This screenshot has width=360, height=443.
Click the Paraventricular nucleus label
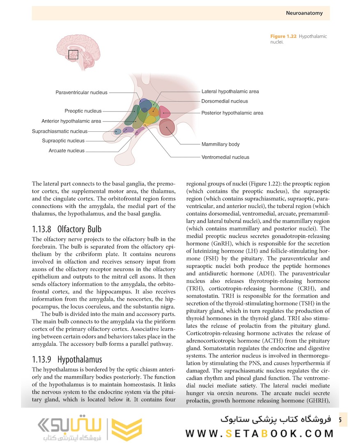pos(81,93)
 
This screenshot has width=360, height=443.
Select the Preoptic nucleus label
pos(83,111)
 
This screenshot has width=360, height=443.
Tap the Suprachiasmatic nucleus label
pos(60,131)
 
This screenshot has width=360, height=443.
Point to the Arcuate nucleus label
pos(66,151)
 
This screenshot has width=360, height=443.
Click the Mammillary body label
pos(220,144)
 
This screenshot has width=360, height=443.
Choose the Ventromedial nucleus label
pos(225,157)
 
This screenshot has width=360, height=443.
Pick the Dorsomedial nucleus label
pos(225,101)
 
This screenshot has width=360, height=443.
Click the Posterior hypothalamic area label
pos(232,113)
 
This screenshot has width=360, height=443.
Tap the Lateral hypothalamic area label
pos(230,91)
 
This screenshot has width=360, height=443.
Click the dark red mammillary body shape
pos(167,128)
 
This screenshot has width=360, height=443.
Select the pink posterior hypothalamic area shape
pos(165,112)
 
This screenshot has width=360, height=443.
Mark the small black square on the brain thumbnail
pos(73,55)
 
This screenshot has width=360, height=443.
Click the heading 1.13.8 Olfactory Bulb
pos(66,229)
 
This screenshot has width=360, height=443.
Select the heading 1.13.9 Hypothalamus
pos(67,360)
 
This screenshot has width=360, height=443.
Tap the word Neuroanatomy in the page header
pos(304,13)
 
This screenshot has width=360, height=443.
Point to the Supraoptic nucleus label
pos(63,141)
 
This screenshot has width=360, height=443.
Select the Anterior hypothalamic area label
pos(71,121)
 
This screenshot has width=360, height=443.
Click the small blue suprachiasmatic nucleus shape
pos(117,132)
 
